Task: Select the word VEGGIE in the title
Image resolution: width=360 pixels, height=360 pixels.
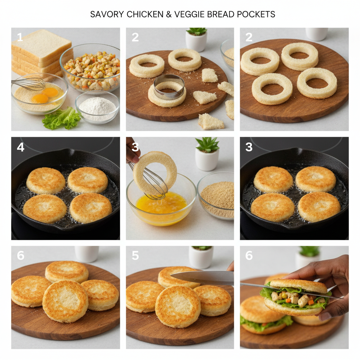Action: pyautogui.click(x=189, y=14)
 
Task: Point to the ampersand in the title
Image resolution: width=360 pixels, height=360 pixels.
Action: pyautogui.click(x=168, y=14)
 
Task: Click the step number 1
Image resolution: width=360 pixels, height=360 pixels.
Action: pyautogui.click(x=20, y=37)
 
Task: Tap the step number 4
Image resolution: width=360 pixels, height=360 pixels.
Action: pyautogui.click(x=20, y=147)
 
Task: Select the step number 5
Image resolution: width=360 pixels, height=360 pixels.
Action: pyautogui.click(x=135, y=255)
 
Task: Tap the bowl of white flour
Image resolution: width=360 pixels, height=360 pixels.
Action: pyautogui.click(x=97, y=107)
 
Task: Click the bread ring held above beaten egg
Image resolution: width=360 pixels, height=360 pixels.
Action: pyautogui.click(x=155, y=173)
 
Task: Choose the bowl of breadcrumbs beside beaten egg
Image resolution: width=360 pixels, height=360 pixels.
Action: pyautogui.click(x=216, y=195)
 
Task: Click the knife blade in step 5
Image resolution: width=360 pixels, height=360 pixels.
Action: pyautogui.click(x=202, y=277)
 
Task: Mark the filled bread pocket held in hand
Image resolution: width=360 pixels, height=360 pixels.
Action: pyautogui.click(x=296, y=297)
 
